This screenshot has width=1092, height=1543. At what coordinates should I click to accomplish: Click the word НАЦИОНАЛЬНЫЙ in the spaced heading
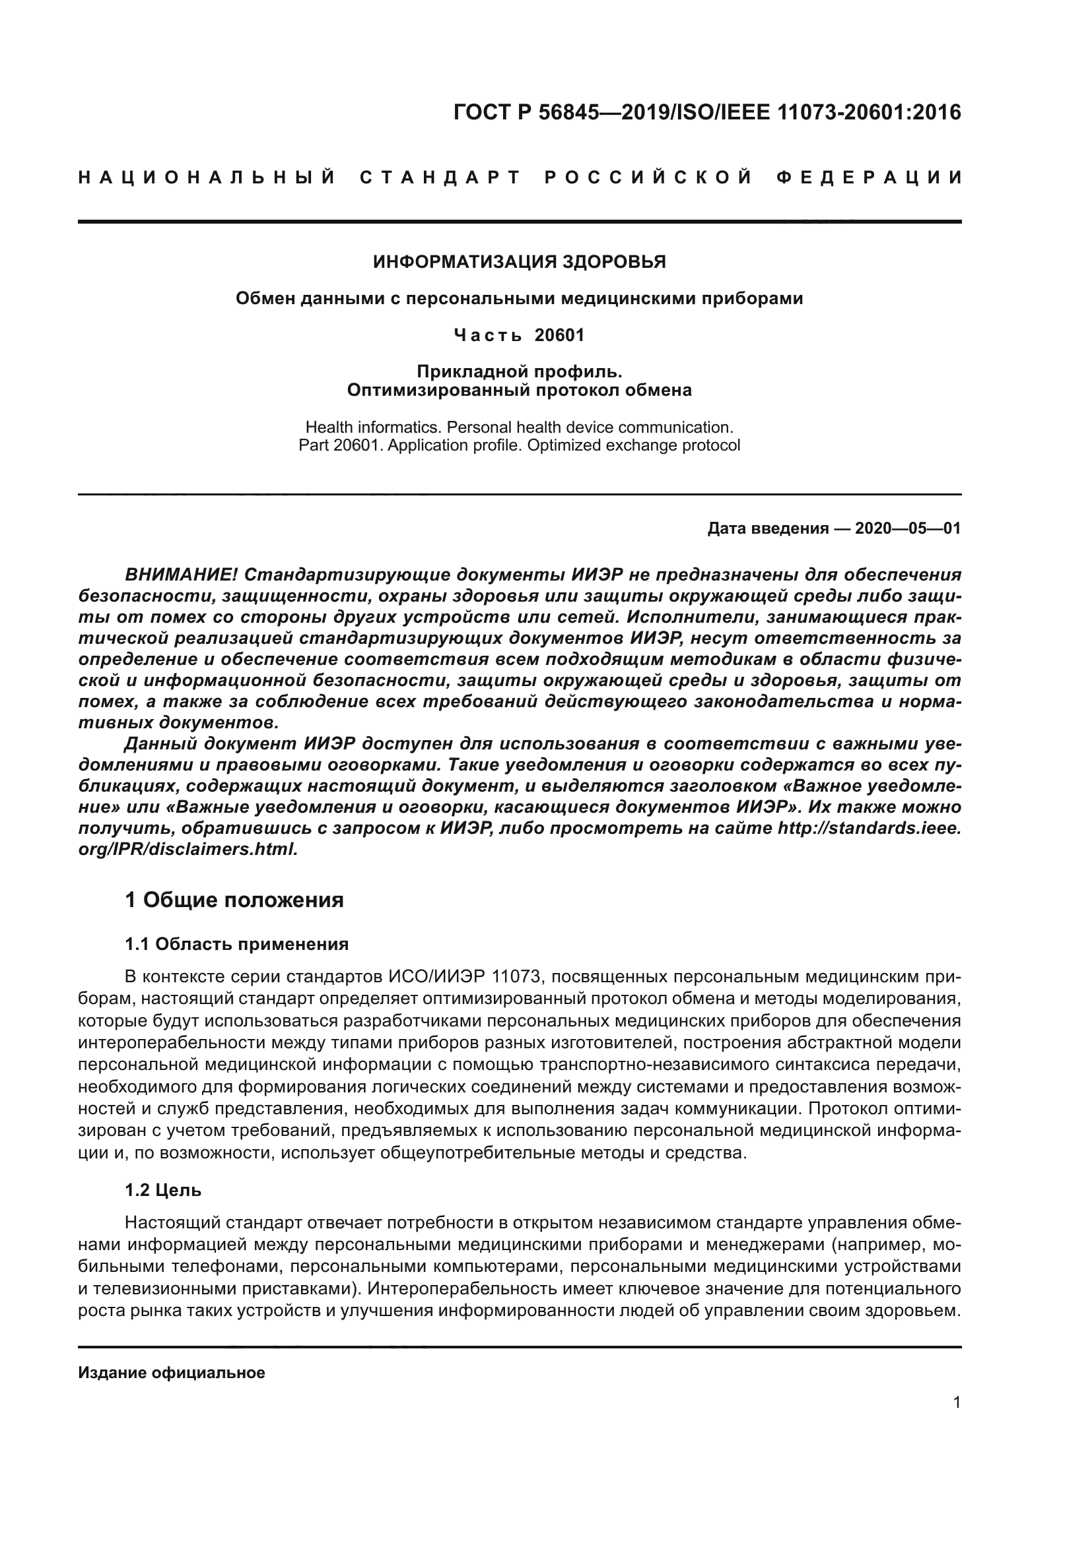pyautogui.click(x=207, y=178)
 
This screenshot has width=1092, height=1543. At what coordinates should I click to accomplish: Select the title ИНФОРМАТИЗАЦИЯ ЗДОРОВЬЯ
pyautogui.click(x=519, y=262)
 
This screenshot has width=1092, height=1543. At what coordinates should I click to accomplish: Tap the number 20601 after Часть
pyautogui.click(x=559, y=334)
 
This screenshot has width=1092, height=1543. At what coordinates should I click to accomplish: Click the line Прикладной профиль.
pyautogui.click(x=519, y=371)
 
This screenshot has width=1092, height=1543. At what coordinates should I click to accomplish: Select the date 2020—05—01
pyautogui.click(x=907, y=528)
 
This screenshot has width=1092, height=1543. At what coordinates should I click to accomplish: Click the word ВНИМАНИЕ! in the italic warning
pyautogui.click(x=182, y=575)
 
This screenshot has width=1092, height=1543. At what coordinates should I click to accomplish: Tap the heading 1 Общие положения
pyautogui.click(x=234, y=900)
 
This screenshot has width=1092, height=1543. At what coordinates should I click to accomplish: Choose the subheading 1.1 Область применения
pyautogui.click(x=237, y=944)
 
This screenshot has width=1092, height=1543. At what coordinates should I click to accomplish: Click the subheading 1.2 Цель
pyautogui.click(x=163, y=1190)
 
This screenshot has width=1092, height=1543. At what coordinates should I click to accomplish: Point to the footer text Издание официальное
pyautogui.click(x=172, y=1372)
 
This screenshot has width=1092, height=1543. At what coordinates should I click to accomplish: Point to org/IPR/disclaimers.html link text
pyautogui.click(x=188, y=849)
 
